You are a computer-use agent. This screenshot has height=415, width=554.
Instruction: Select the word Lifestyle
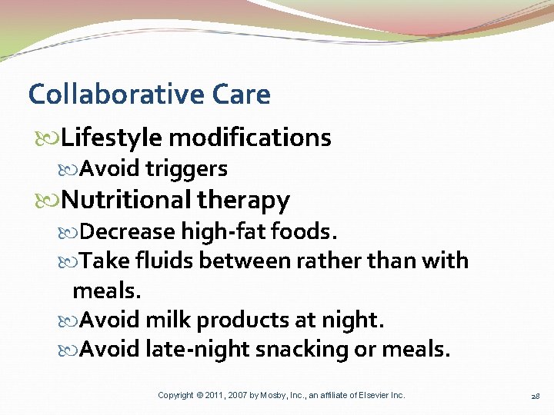[112, 138]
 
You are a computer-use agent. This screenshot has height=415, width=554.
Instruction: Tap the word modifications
[250, 138]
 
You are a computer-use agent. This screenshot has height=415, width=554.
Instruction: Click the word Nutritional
[125, 200]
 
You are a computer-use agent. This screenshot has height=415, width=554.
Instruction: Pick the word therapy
[243, 200]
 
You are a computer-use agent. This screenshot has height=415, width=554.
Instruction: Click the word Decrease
[127, 231]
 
